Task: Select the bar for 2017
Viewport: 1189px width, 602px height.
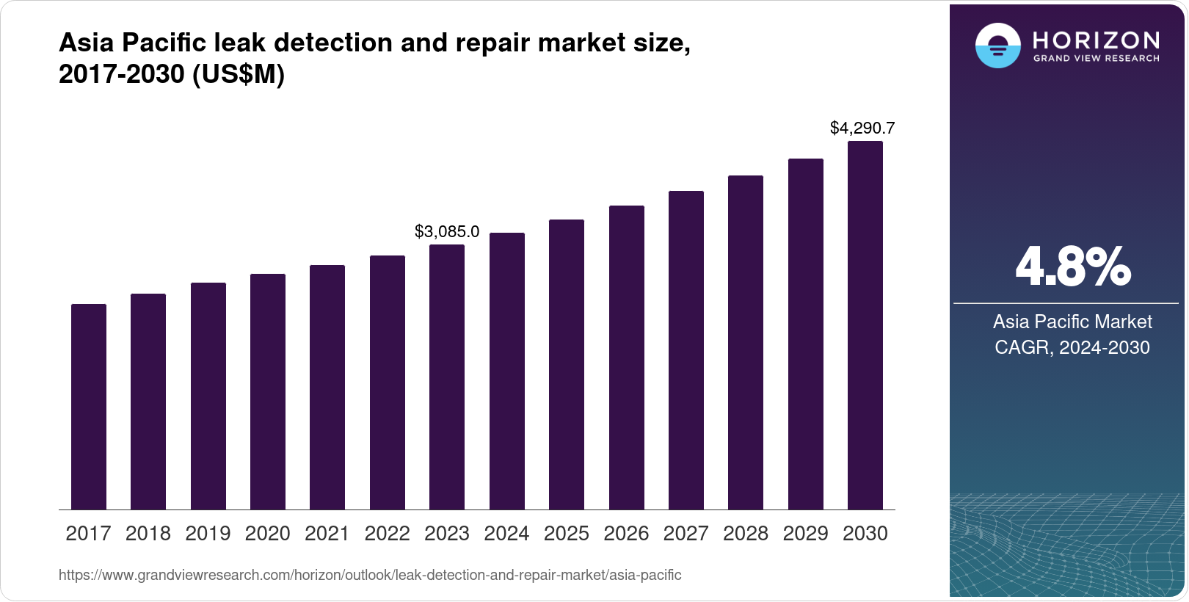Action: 89,407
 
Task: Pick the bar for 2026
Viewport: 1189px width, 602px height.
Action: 626,358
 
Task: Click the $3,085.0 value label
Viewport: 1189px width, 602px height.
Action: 447,232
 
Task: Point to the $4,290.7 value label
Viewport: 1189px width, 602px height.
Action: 862,128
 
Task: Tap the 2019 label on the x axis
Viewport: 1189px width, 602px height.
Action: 208,534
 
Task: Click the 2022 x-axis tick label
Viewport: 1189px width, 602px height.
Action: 387,534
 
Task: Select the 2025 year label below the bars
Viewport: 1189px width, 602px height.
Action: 566,534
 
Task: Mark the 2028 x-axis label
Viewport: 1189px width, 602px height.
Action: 746,534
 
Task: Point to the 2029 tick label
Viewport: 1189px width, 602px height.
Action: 805,534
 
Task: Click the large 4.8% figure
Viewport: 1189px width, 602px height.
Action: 1072,267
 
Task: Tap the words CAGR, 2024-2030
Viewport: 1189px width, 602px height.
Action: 1072,347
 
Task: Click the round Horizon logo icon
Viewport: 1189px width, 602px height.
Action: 997,46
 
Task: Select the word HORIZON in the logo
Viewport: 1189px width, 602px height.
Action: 1096,40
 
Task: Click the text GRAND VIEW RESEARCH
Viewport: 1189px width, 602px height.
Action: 1096,58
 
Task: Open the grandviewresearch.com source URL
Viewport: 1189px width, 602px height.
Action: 370,576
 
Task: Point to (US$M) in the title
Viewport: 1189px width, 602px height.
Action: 238,75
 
